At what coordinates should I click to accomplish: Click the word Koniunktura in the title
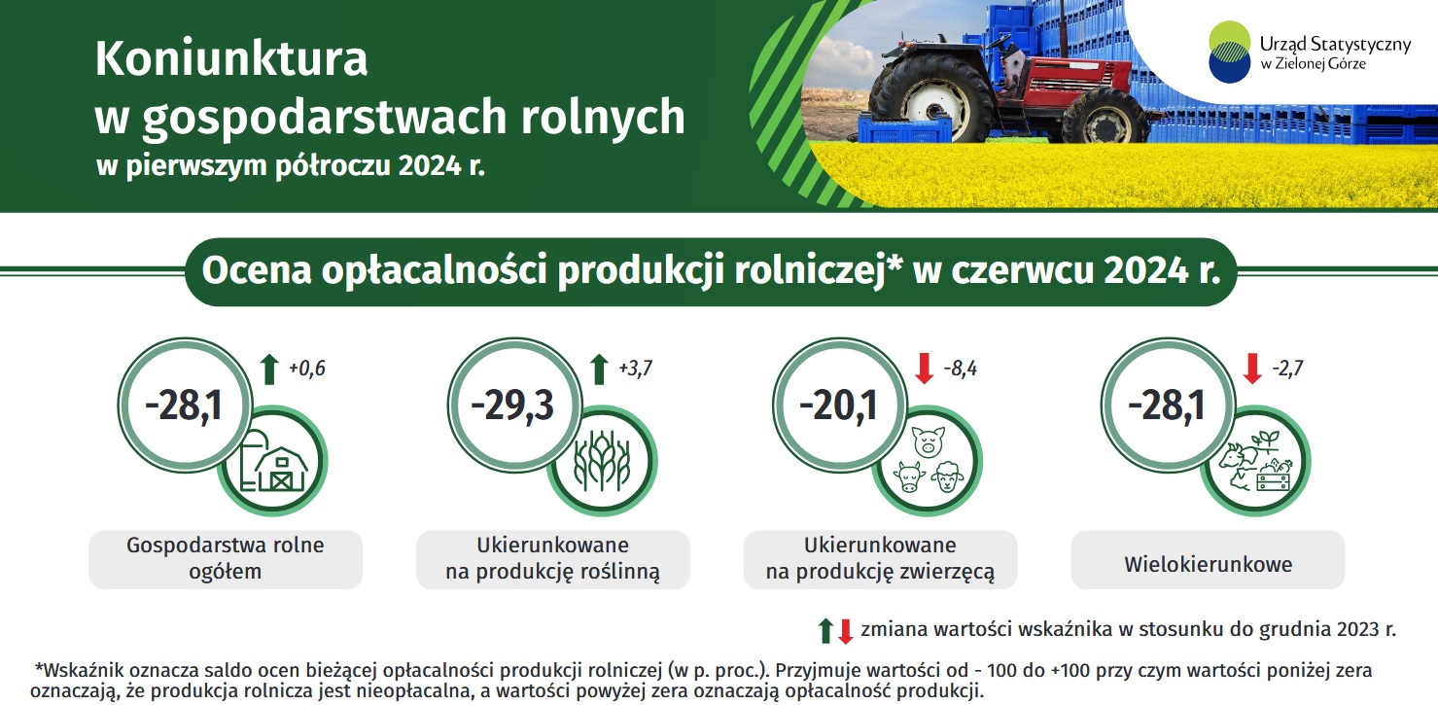coord(231,59)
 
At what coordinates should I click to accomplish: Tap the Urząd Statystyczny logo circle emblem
coord(1229,52)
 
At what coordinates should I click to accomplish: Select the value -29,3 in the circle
coord(512,405)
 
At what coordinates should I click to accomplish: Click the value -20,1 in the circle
coord(838,405)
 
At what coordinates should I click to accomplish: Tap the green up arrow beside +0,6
coord(269,370)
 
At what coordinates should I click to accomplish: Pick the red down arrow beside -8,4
coord(924,369)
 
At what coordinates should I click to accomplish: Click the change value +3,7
coord(636,369)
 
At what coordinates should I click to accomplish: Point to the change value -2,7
coord(1287,369)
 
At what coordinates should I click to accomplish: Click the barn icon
coord(274,460)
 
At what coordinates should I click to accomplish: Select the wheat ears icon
coord(602,461)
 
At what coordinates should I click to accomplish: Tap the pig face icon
coord(929,441)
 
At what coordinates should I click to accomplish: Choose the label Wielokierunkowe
coord(1209,564)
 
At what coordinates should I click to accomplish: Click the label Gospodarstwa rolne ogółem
coord(226,558)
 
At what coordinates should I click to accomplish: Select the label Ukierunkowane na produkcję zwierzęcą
coord(880,558)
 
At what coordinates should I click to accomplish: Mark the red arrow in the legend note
coord(846,631)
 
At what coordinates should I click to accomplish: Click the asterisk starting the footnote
coord(39,668)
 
